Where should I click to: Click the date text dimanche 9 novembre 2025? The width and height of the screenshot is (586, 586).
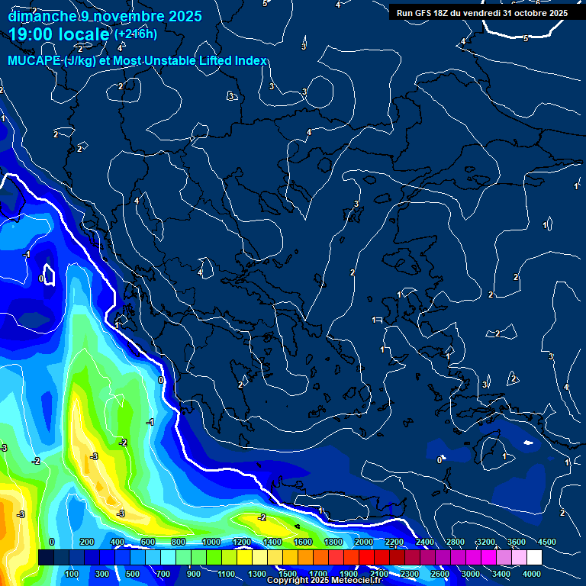105,16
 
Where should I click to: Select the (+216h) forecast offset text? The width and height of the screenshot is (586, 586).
136,34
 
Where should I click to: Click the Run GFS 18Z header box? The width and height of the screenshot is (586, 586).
482,13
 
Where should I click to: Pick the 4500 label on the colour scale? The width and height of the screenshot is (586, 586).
547,542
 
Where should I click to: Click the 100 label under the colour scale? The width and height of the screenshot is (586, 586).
72,574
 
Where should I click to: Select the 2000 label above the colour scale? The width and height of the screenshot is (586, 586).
364,542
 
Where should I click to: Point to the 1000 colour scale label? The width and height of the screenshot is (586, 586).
211,542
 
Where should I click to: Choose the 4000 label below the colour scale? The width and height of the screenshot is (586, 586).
532,574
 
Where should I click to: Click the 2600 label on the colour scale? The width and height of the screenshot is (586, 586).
440,574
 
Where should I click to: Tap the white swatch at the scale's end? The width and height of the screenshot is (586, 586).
533,558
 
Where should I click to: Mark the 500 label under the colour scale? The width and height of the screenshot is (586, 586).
134,574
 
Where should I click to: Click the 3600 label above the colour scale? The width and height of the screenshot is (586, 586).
517,542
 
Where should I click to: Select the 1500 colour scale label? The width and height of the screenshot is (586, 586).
288,574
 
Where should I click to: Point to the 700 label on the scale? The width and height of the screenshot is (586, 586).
164,574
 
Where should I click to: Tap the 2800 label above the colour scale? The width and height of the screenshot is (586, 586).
456,542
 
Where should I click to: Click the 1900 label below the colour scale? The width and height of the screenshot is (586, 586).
349,574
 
